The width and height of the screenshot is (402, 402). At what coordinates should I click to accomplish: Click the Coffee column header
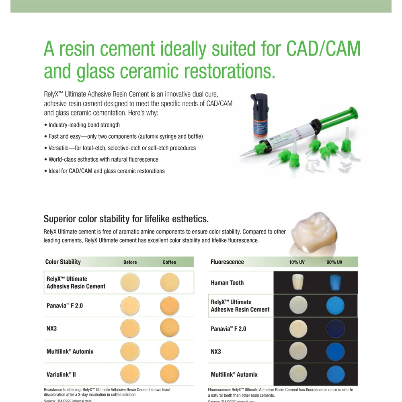(169, 262)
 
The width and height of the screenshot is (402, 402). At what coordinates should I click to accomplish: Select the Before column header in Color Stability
(130, 262)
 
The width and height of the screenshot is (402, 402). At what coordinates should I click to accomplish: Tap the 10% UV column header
(297, 262)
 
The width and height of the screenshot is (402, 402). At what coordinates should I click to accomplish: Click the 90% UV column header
(334, 262)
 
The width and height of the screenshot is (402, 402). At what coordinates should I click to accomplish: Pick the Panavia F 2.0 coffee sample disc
(169, 306)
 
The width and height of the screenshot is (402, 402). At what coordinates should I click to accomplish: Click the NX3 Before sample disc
(130, 328)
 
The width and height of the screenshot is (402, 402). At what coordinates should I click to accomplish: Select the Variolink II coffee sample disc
(169, 374)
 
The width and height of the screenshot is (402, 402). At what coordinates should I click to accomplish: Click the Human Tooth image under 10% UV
(297, 282)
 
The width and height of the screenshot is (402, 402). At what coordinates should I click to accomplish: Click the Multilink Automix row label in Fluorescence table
(234, 374)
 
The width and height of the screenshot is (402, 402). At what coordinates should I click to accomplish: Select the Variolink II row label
(61, 374)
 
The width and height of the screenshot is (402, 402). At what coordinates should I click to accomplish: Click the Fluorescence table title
(227, 262)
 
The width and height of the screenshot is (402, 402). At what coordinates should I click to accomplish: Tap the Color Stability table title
(63, 262)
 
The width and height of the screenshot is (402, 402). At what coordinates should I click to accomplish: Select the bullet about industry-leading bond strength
(84, 125)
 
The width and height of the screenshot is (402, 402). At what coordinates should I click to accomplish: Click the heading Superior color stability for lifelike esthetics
(126, 219)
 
